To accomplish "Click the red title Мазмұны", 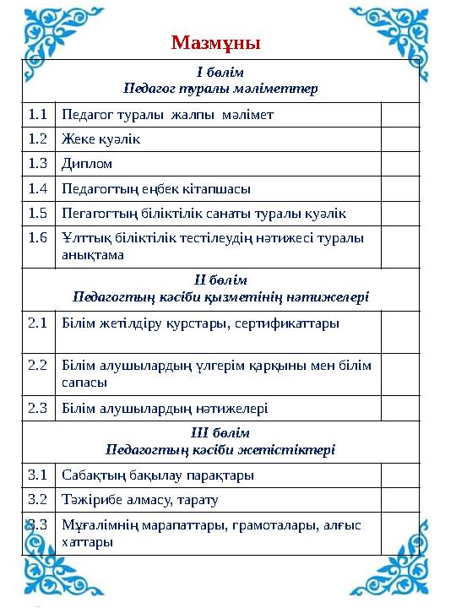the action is click(x=215, y=41).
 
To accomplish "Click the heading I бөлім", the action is click(x=220, y=73).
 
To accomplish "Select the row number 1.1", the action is click(x=38, y=113).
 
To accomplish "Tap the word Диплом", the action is click(x=87, y=163).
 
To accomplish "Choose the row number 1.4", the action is click(x=38, y=187).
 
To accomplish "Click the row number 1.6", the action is click(x=38, y=238).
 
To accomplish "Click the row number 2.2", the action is click(x=38, y=366).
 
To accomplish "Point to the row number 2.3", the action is click(x=38, y=408).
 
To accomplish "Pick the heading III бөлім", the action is click(x=220, y=432).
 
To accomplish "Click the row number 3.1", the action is click(x=38, y=475).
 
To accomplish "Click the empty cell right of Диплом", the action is click(x=399, y=163).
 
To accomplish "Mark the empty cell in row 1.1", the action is click(x=399, y=113).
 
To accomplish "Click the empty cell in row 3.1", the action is click(x=399, y=475).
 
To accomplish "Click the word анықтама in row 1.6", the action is click(x=93, y=253).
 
